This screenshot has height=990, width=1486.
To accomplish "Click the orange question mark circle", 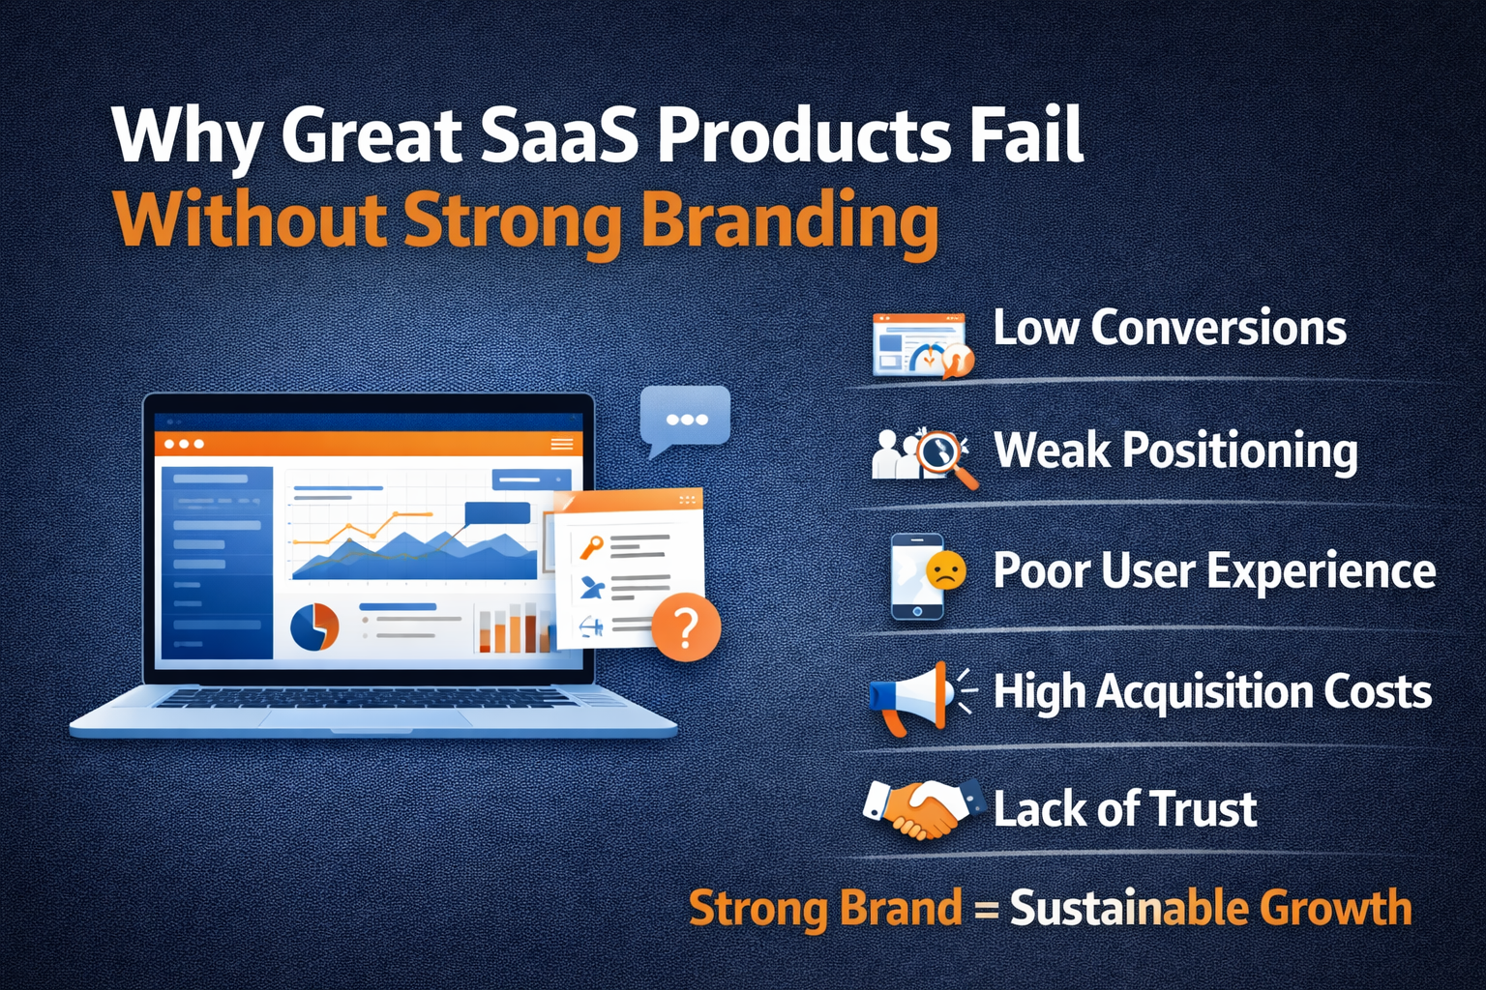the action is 686,626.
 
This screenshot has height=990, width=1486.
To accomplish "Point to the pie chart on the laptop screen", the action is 314,626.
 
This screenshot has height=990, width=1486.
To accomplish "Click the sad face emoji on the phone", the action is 945,569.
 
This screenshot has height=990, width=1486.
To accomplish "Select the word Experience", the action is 1322,571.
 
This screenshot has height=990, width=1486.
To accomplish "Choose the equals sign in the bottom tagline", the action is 987,909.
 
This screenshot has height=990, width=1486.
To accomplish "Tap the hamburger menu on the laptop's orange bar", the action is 562,444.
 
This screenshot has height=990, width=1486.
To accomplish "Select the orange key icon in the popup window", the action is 590,547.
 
